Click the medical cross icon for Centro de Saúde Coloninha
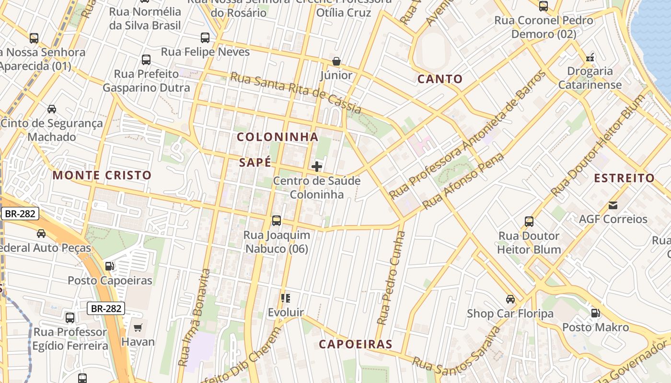click(317, 167)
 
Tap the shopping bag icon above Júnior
click(336, 61)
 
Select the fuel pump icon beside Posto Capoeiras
click(110, 266)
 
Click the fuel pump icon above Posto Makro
click(595, 313)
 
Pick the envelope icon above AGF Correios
click(613, 205)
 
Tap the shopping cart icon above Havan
click(138, 328)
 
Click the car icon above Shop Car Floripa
click(510, 299)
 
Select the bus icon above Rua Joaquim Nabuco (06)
click(277, 221)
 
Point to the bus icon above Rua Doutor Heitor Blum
click(529, 222)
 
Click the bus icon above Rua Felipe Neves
click(205, 37)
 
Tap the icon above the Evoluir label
click(286, 299)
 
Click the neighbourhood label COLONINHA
click(278, 137)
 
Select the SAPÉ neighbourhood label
click(255, 162)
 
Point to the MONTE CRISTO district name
click(102, 175)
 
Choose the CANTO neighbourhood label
click(440, 79)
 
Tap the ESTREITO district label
click(624, 178)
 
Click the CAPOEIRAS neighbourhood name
click(356, 344)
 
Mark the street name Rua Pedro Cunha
click(391, 278)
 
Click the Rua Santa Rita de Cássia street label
click(295, 93)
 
